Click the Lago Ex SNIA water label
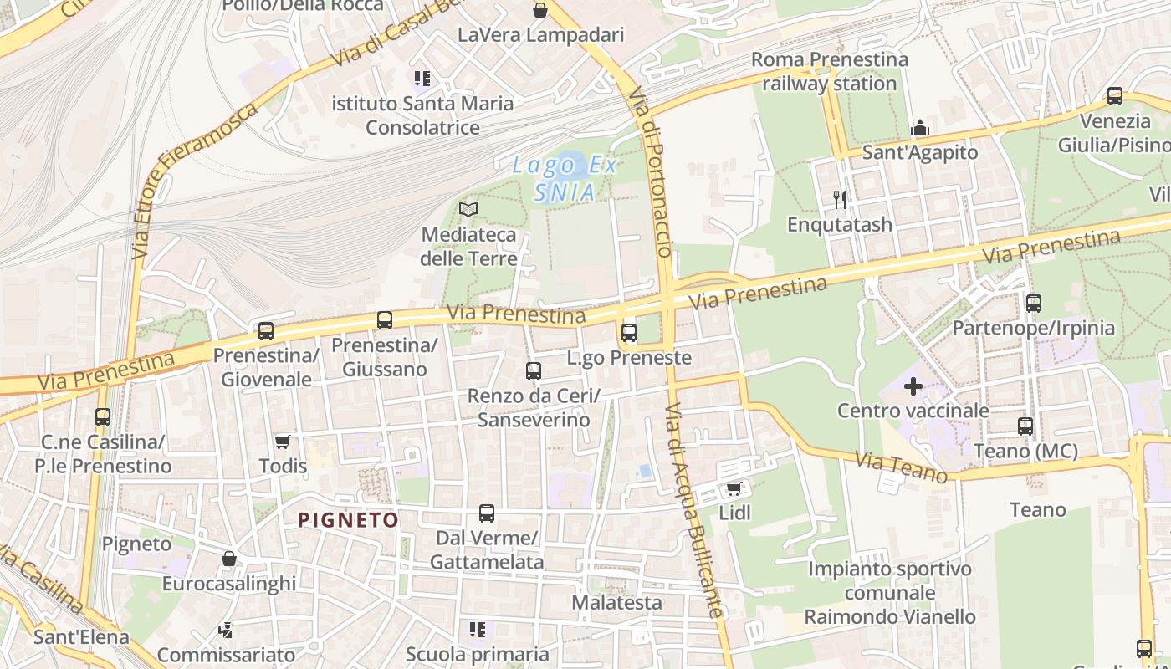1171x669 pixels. [x=565, y=178]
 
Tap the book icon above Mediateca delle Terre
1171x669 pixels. [x=468, y=209]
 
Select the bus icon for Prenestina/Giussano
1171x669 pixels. [x=385, y=319]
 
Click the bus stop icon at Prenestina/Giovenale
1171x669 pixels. [x=266, y=330]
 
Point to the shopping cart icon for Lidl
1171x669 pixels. [x=734, y=488]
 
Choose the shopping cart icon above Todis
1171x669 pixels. [x=283, y=441]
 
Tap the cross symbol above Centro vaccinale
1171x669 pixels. [x=913, y=386]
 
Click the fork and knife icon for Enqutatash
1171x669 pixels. [x=840, y=199]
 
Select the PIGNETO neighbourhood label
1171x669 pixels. [x=349, y=520]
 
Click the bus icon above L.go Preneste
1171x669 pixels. [x=629, y=333]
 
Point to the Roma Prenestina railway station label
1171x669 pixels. [x=829, y=72]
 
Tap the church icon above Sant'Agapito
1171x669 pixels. [x=920, y=128]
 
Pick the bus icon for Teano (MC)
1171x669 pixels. [x=1025, y=426]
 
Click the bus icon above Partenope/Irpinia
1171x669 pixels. [x=1034, y=303]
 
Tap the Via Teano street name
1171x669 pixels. [x=902, y=467]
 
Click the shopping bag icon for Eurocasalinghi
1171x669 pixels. [x=228, y=559]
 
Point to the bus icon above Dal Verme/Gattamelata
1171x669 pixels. [x=487, y=513]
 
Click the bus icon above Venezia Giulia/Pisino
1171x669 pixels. [x=1115, y=95]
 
